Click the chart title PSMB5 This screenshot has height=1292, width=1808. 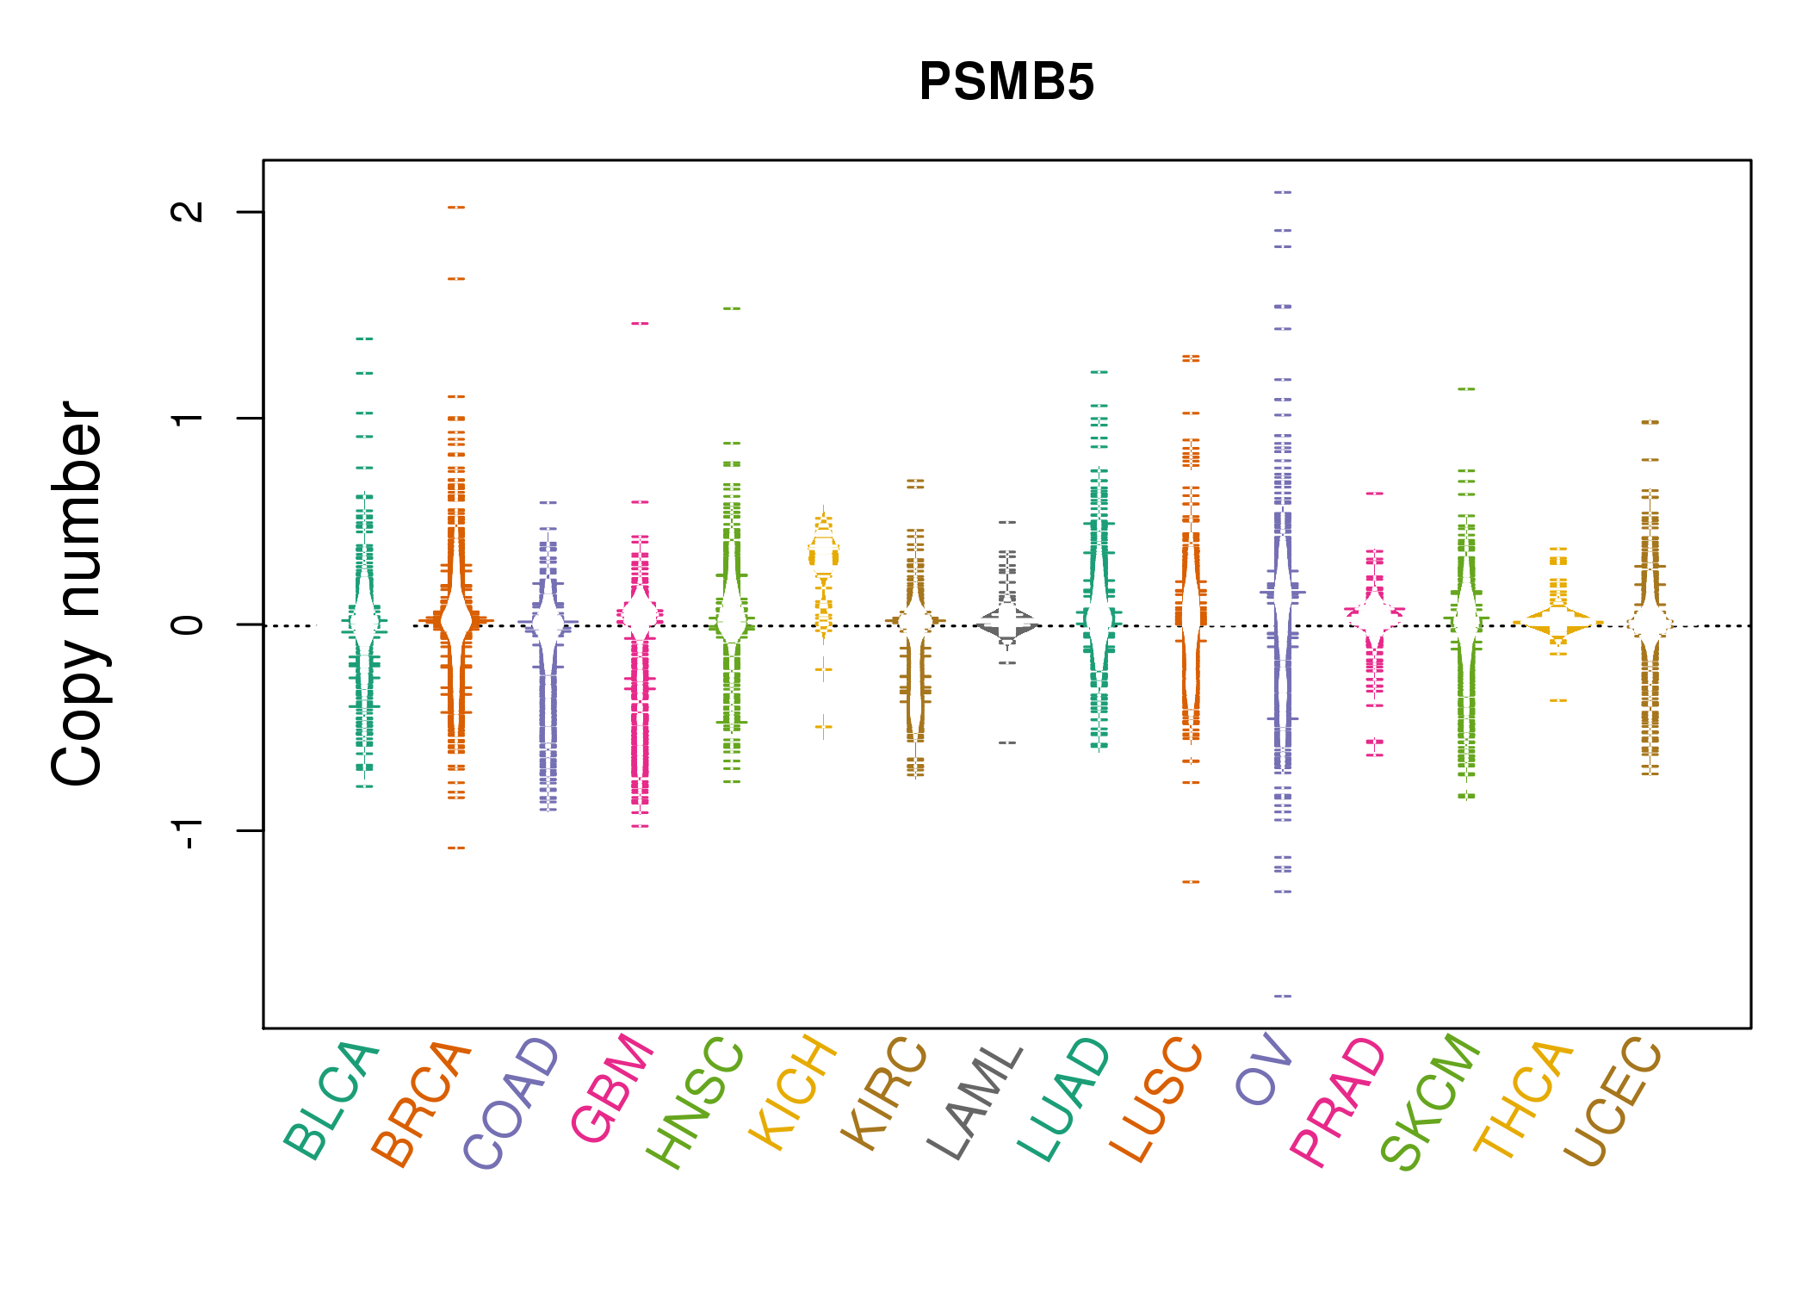click(x=1006, y=82)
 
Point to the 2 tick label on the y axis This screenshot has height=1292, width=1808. click(x=188, y=211)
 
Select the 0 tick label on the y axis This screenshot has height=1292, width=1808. click(x=188, y=624)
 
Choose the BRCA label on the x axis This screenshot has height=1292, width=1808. click(x=422, y=1104)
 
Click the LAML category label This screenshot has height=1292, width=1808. click(x=975, y=1103)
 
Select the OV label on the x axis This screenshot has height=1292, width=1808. click(x=1264, y=1069)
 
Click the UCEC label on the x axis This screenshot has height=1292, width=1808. click(x=1613, y=1102)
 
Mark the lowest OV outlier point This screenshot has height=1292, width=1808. click(x=1283, y=996)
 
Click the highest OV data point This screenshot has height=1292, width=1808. click(x=1283, y=192)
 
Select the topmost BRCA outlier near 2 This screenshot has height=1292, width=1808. click(x=456, y=207)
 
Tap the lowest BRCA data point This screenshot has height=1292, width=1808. click(x=456, y=848)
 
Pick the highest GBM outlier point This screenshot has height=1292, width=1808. click(x=640, y=323)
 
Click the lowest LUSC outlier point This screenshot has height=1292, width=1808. click(x=1191, y=882)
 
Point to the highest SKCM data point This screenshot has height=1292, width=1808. click(x=1466, y=388)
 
